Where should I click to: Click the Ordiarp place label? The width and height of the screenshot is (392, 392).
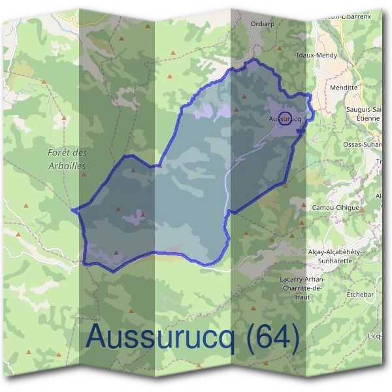(x=261, y=24)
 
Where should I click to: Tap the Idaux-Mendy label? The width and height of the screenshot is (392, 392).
(x=317, y=56)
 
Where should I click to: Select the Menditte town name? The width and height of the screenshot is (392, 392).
(x=344, y=87)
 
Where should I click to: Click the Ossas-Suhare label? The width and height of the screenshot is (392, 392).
(x=362, y=144)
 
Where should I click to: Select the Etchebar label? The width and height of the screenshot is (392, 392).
(x=360, y=295)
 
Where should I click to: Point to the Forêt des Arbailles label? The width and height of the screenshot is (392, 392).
(x=67, y=159)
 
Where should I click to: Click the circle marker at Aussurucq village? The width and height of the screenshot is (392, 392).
(x=284, y=118)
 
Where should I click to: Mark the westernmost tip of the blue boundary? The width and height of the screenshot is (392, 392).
(x=73, y=210)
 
